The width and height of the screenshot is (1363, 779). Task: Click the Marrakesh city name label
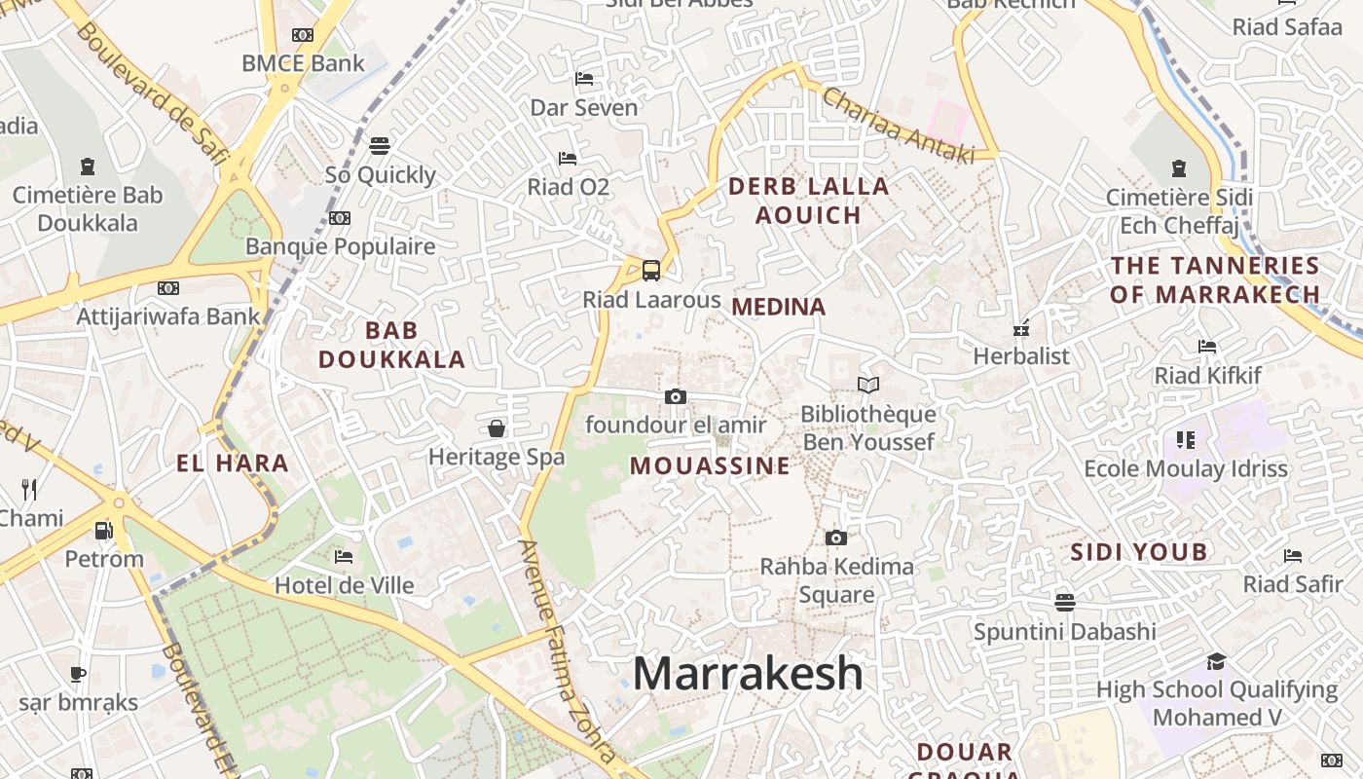pyautogui.click(x=748, y=674)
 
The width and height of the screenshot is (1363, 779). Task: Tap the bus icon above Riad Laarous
pyautogui.click(x=651, y=271)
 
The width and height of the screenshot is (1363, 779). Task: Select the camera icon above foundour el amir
pyautogui.click(x=676, y=396)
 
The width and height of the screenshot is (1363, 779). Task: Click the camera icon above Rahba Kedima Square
pyautogui.click(x=835, y=538)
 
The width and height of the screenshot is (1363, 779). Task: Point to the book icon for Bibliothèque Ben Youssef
pyautogui.click(x=867, y=386)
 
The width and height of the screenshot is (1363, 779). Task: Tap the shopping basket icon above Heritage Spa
pyautogui.click(x=497, y=428)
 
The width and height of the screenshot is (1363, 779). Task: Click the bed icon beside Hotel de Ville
pyautogui.click(x=344, y=557)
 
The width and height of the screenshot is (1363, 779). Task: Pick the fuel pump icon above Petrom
pyautogui.click(x=103, y=531)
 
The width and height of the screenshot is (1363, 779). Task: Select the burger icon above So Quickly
pyautogui.click(x=380, y=146)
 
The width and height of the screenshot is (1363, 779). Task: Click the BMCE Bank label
pyautogui.click(x=303, y=63)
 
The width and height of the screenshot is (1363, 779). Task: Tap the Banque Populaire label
pyautogui.click(x=340, y=246)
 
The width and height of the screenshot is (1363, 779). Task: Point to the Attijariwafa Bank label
pyautogui.click(x=168, y=316)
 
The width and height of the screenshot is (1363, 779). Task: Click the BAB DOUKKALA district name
pyautogui.click(x=391, y=345)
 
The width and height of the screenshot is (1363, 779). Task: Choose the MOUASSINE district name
pyautogui.click(x=710, y=465)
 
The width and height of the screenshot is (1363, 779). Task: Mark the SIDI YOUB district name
pyautogui.click(x=1139, y=552)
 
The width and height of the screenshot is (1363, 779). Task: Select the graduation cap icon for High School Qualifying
pyautogui.click(x=1216, y=662)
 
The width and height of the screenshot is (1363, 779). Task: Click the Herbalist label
pyautogui.click(x=1021, y=356)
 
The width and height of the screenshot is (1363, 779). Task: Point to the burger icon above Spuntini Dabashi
pyautogui.click(x=1065, y=603)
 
